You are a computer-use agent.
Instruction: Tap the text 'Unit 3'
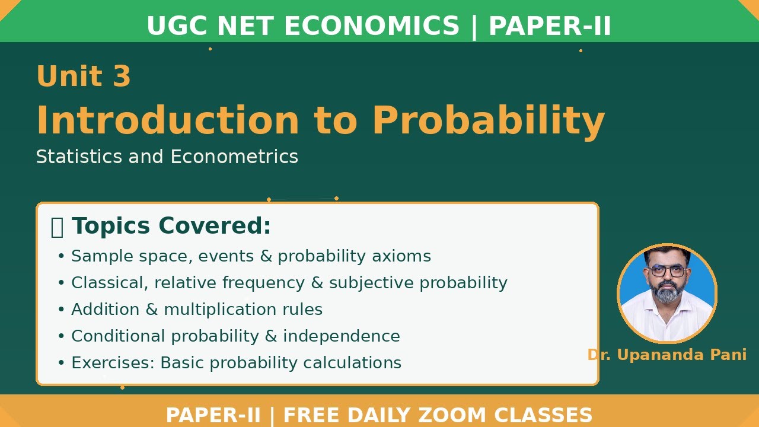[84, 77]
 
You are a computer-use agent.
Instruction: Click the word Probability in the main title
[489, 120]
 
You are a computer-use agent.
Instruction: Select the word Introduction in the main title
[168, 120]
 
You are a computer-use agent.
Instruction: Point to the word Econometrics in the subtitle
[234, 157]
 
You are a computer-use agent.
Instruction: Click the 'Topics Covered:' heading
[171, 226]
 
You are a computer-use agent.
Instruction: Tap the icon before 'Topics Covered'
[57, 227]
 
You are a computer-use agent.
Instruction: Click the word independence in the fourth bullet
[341, 336]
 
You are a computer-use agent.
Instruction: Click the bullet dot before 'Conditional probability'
[60, 336]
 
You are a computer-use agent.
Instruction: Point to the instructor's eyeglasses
[667, 271]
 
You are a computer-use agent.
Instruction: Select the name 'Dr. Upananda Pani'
[666, 355]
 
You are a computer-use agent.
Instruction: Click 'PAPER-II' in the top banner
[550, 27]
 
